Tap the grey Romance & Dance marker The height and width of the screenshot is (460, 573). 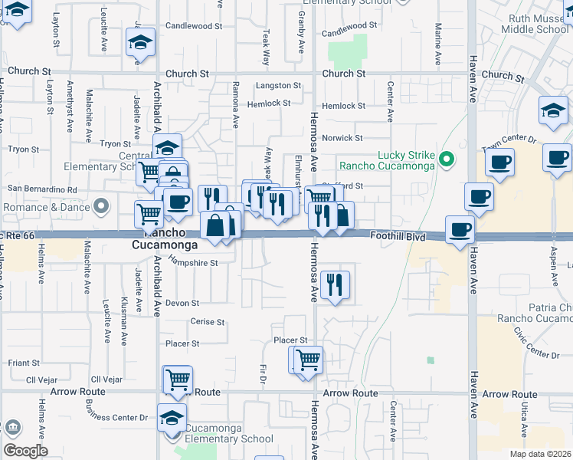[100, 206]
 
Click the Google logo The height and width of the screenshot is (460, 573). [25, 451]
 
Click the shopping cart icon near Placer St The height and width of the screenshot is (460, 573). [307, 359]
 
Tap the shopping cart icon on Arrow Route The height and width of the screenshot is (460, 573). [177, 379]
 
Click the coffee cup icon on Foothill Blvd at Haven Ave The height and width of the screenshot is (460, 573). [460, 229]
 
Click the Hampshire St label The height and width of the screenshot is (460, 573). [194, 262]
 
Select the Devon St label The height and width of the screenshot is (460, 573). [187, 303]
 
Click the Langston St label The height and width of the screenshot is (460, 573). [278, 86]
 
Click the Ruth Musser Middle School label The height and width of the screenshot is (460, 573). [535, 24]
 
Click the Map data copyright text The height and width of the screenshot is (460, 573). [541, 455]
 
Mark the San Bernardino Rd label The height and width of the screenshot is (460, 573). [42, 189]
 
